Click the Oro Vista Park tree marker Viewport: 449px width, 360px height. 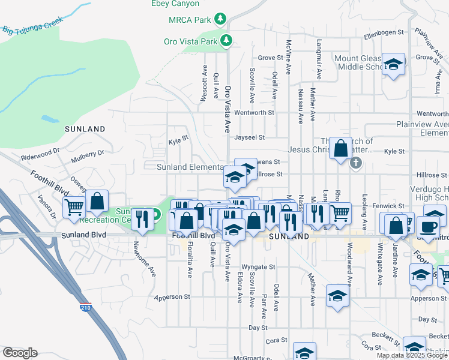[x=226, y=41]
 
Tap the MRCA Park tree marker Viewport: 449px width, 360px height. [x=221, y=19]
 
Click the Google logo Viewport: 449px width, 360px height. [x=20, y=353]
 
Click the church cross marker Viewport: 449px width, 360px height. [x=356, y=163]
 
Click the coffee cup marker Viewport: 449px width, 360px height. [x=428, y=227]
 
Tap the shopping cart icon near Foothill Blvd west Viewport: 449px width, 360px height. [x=75, y=208]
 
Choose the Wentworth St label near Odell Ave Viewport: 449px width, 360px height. [x=254, y=112]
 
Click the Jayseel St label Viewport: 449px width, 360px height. [x=250, y=137]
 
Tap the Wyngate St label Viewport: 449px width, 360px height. [x=258, y=267]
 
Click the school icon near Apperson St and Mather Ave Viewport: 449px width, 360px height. [x=338, y=296]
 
